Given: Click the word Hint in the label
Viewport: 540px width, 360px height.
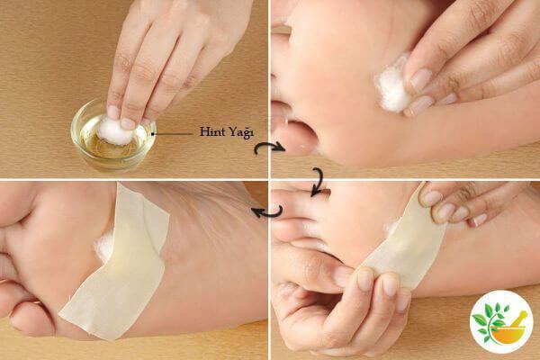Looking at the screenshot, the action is (x=210, y=131).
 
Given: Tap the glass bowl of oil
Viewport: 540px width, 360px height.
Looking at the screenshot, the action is (x=113, y=138).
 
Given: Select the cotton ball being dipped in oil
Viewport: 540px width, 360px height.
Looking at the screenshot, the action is (x=114, y=131).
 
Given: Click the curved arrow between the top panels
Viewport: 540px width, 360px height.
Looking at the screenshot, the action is (x=269, y=148).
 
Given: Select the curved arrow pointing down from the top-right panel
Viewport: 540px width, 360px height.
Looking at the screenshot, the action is (x=319, y=181).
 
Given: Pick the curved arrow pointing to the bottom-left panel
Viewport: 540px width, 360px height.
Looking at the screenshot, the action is (x=268, y=211).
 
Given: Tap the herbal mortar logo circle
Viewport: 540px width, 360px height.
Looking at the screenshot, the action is (x=501, y=322).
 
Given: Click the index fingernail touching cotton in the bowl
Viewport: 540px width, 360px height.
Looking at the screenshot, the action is (x=128, y=123).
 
